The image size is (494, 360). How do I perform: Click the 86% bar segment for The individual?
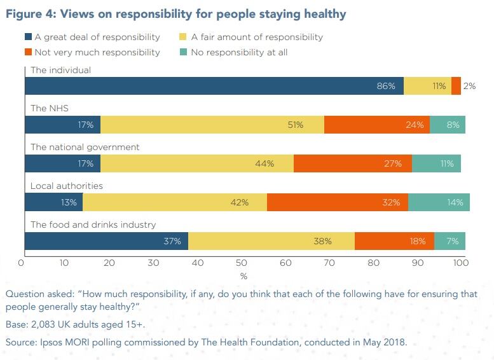pos(214,86)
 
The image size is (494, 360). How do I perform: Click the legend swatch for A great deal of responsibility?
pos(28,37)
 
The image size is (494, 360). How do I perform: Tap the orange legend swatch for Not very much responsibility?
pos(28,52)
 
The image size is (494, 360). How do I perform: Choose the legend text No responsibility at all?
pos(239,52)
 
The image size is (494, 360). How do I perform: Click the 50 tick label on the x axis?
pos(240,262)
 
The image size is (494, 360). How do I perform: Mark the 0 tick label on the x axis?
pos(21,262)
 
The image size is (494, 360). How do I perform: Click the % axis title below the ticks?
pos(243,276)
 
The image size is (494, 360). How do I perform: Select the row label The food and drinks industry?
pos(93,225)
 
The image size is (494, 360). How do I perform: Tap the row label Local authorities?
pos(67,186)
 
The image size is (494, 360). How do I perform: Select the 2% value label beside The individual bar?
pos(469,86)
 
